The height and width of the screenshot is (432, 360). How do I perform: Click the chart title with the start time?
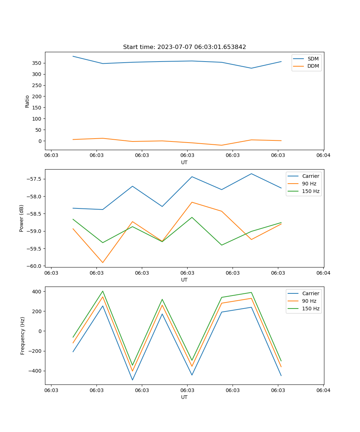[184, 47]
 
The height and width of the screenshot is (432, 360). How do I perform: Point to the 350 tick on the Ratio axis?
[37, 63]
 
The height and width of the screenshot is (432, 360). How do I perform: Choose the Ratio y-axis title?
[27, 101]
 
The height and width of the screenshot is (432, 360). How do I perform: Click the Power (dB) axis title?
[22, 218]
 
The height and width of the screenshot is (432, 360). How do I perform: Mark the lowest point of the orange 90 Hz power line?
[103, 262]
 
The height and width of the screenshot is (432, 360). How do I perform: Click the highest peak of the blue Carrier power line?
[251, 174]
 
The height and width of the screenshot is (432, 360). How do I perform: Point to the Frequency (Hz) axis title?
[23, 336]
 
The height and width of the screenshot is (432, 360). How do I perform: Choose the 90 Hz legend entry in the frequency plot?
[309, 301]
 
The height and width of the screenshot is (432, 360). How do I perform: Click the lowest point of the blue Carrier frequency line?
[132, 380]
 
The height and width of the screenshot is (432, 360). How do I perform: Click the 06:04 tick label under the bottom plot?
[323, 390]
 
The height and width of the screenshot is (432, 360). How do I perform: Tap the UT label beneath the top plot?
[184, 162]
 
